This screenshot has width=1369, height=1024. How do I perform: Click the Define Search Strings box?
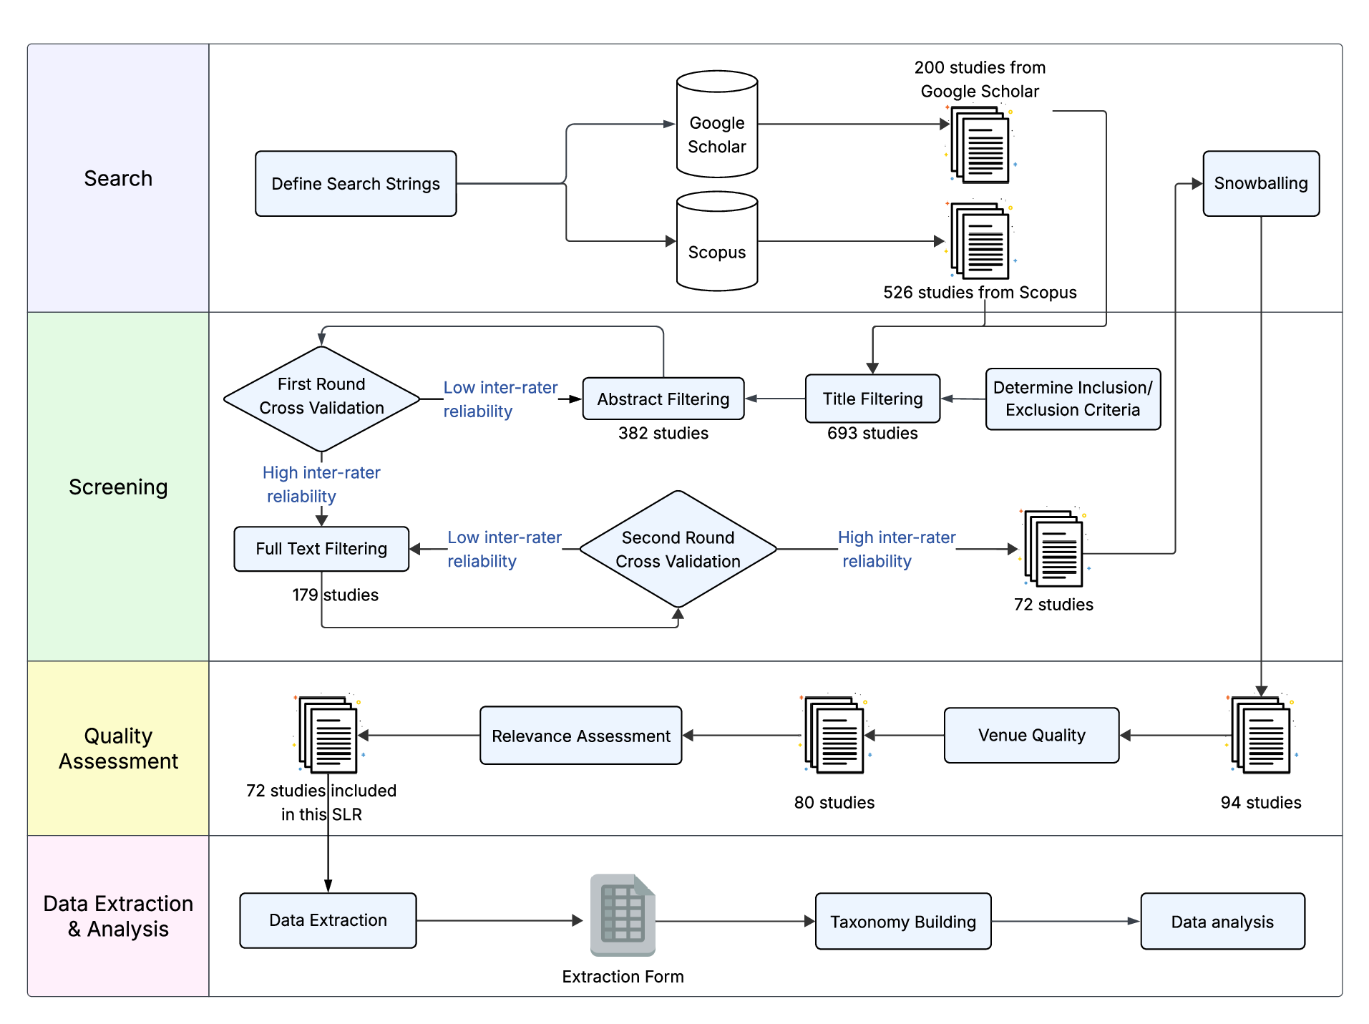click(x=356, y=184)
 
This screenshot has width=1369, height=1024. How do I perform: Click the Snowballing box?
click(x=1260, y=183)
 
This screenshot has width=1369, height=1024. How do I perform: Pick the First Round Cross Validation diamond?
click(x=321, y=399)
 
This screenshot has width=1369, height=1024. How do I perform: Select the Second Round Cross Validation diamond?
click(x=678, y=549)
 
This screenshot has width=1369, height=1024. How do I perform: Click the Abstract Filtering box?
click(x=663, y=399)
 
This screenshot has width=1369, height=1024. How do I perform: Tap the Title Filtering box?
click(x=872, y=399)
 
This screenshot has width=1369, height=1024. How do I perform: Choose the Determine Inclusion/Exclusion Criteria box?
click(x=1072, y=399)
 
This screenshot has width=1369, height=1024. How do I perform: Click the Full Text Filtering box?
click(x=321, y=549)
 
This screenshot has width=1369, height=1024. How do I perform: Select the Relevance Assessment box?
click(x=580, y=736)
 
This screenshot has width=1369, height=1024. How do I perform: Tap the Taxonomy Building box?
click(x=902, y=921)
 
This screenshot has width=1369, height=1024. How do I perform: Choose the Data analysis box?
click(x=1222, y=921)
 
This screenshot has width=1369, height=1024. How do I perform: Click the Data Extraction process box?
click(x=328, y=920)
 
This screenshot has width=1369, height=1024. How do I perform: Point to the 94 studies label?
click(x=1260, y=802)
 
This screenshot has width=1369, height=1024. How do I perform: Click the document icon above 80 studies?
click(x=834, y=735)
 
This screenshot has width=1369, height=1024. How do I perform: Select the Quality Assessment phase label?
click(x=118, y=748)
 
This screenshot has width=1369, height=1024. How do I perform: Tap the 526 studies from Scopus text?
click(x=979, y=292)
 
